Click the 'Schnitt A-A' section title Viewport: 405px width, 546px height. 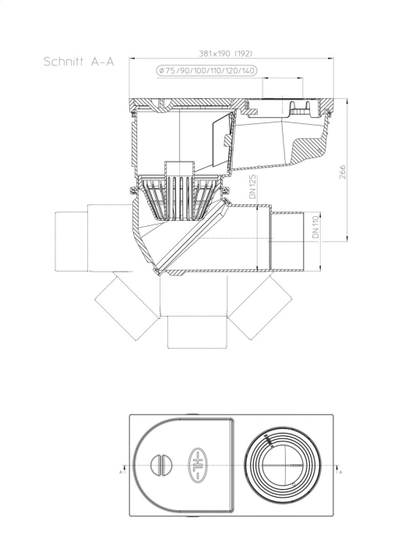79,62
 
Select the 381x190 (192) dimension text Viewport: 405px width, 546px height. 225,53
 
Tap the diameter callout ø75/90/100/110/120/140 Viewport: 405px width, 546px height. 207,71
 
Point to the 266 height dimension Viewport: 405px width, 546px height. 343,172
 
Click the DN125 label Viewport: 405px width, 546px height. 252,186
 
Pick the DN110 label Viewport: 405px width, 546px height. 315,227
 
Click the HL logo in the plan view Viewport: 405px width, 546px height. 198,466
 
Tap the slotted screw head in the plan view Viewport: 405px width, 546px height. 162,465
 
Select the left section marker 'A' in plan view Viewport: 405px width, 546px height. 121,471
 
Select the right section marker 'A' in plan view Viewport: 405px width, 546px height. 340,471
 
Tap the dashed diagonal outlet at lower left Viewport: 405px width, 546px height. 127,306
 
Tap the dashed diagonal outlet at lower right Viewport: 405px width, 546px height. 260,307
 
